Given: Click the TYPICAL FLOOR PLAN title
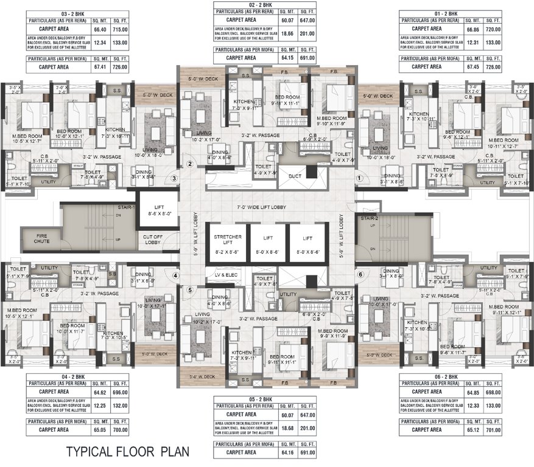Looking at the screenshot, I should tap(128, 451).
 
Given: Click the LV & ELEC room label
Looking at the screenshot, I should tap(226, 275).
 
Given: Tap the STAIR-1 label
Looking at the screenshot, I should tap(126, 207).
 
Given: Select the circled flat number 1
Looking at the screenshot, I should tap(359, 178).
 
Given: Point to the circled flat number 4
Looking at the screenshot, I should tap(175, 275).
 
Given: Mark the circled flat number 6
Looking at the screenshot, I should tap(360, 274).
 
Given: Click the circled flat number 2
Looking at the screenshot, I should tap(189, 164).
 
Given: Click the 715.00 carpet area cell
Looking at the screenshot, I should tap(120, 29).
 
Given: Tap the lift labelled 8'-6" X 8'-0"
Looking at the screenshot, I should tap(156, 209).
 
